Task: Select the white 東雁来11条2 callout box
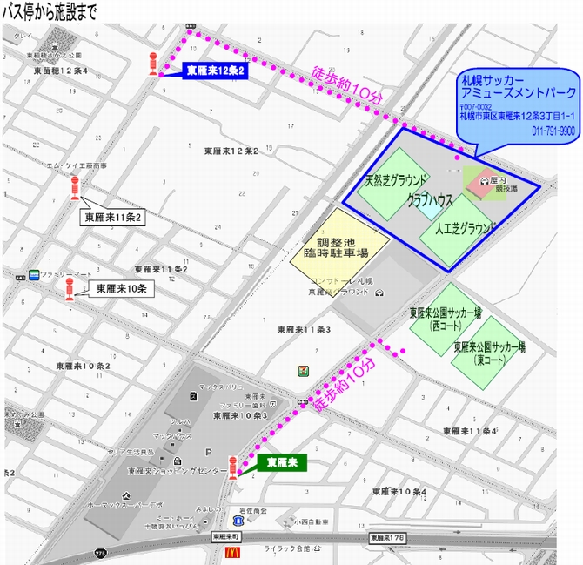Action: click(x=113, y=217)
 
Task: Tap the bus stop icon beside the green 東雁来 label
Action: click(x=232, y=467)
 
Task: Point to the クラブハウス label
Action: click(x=430, y=200)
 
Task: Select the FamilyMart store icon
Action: click(x=33, y=274)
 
